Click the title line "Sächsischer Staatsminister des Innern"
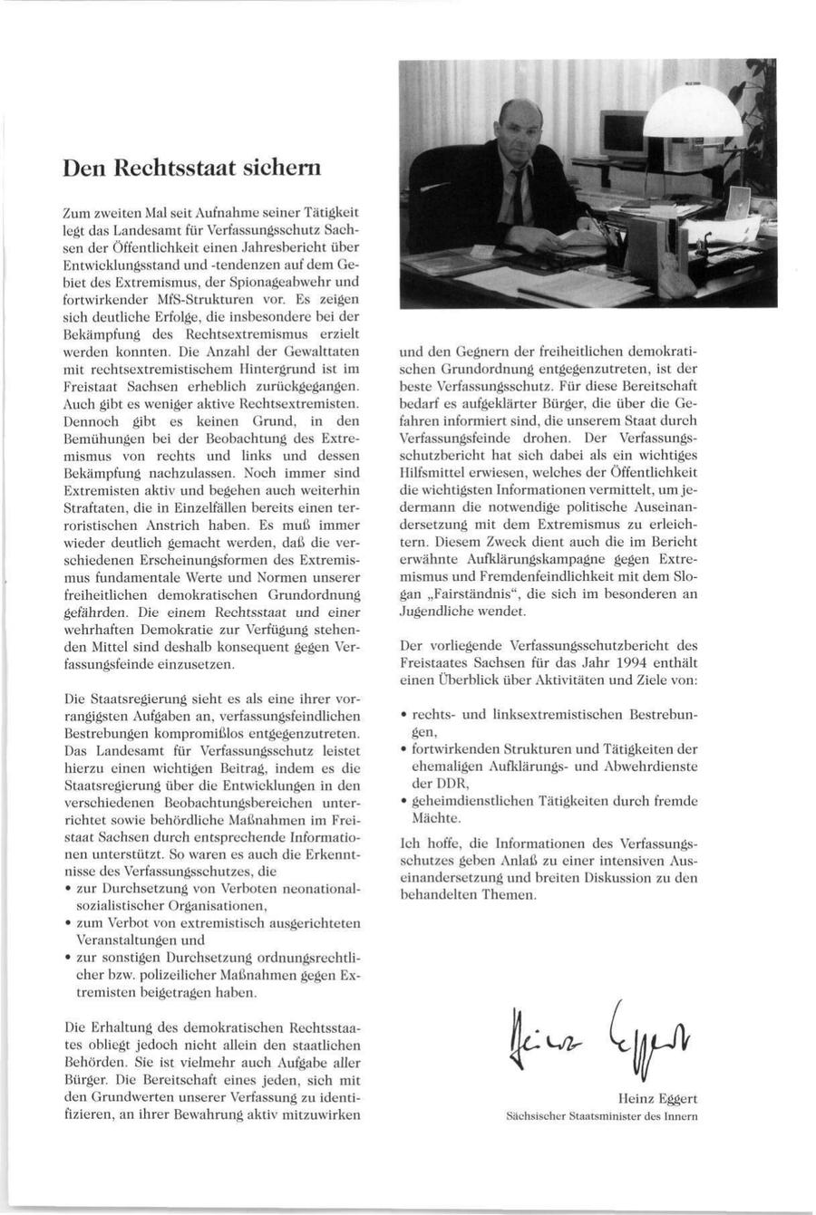click(601, 1116)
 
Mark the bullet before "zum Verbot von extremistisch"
click(69, 922)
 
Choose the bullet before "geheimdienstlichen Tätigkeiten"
click(404, 801)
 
